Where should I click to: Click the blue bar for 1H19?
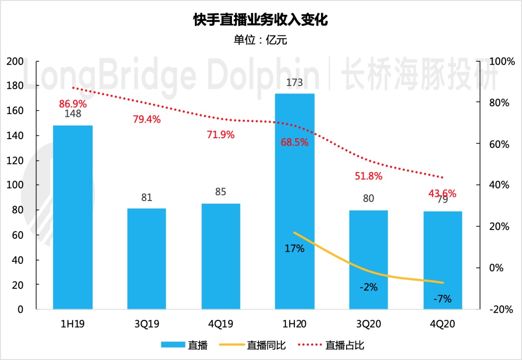(x=72, y=217)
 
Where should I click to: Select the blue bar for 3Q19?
(x=146, y=259)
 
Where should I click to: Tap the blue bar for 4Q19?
(x=220, y=256)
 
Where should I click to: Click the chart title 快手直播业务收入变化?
(x=261, y=20)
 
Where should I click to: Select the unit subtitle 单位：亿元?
(x=261, y=40)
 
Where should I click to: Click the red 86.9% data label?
(x=73, y=103)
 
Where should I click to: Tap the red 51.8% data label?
(x=369, y=176)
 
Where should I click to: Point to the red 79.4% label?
(x=146, y=119)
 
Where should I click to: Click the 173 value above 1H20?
(x=294, y=83)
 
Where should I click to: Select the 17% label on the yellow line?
(x=294, y=249)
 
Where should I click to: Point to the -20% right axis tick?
(x=500, y=309)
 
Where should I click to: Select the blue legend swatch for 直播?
(x=173, y=345)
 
